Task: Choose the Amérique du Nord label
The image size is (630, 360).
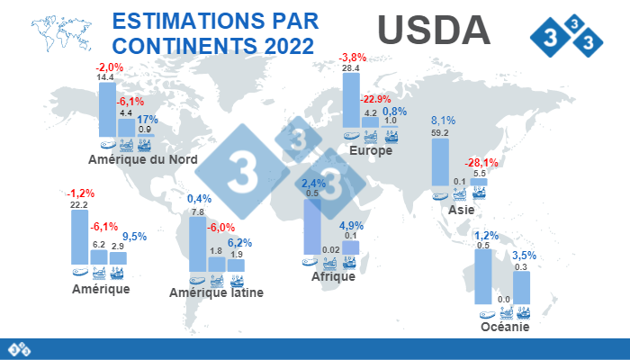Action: pyautogui.click(x=143, y=159)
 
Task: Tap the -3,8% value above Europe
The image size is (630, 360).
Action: pyautogui.click(x=351, y=58)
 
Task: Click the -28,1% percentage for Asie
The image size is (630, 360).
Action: pyautogui.click(x=481, y=163)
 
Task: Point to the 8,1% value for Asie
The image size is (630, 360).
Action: pyautogui.click(x=443, y=120)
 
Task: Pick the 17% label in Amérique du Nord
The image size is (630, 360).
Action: pyautogui.click(x=148, y=119)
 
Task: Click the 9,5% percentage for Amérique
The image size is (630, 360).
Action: pyautogui.click(x=122, y=237)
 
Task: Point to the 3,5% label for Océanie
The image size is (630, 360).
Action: pyautogui.click(x=524, y=255)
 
